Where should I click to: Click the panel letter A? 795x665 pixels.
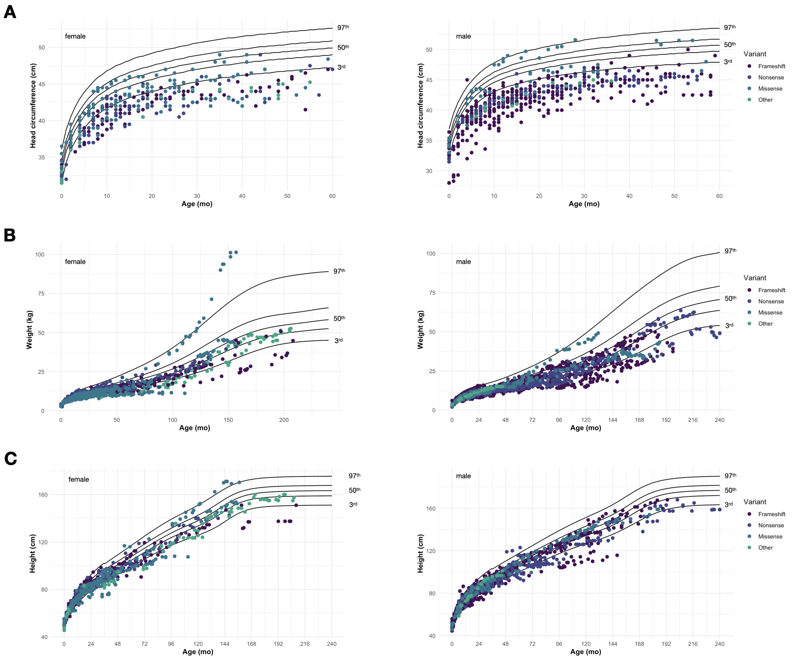(x=10, y=12)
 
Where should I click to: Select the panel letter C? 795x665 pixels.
(x=10, y=458)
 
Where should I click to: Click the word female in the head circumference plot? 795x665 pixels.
(x=75, y=37)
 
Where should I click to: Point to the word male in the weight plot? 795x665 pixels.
(x=463, y=262)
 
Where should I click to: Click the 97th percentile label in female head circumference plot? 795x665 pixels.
(x=343, y=27)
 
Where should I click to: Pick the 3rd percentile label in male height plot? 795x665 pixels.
(x=728, y=505)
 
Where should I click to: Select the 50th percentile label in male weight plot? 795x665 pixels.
(x=730, y=299)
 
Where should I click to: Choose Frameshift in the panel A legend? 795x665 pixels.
(x=771, y=66)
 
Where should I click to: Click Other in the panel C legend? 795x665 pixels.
(x=765, y=548)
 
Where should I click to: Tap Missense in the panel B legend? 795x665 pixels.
(x=770, y=313)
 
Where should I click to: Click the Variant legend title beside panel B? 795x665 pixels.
(x=755, y=278)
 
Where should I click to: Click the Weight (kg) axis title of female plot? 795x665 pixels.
(x=30, y=329)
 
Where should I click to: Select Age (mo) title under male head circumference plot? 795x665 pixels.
(x=584, y=204)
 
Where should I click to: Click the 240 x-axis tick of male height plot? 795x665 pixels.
(x=719, y=644)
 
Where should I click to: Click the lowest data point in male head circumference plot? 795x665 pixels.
(x=449, y=183)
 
